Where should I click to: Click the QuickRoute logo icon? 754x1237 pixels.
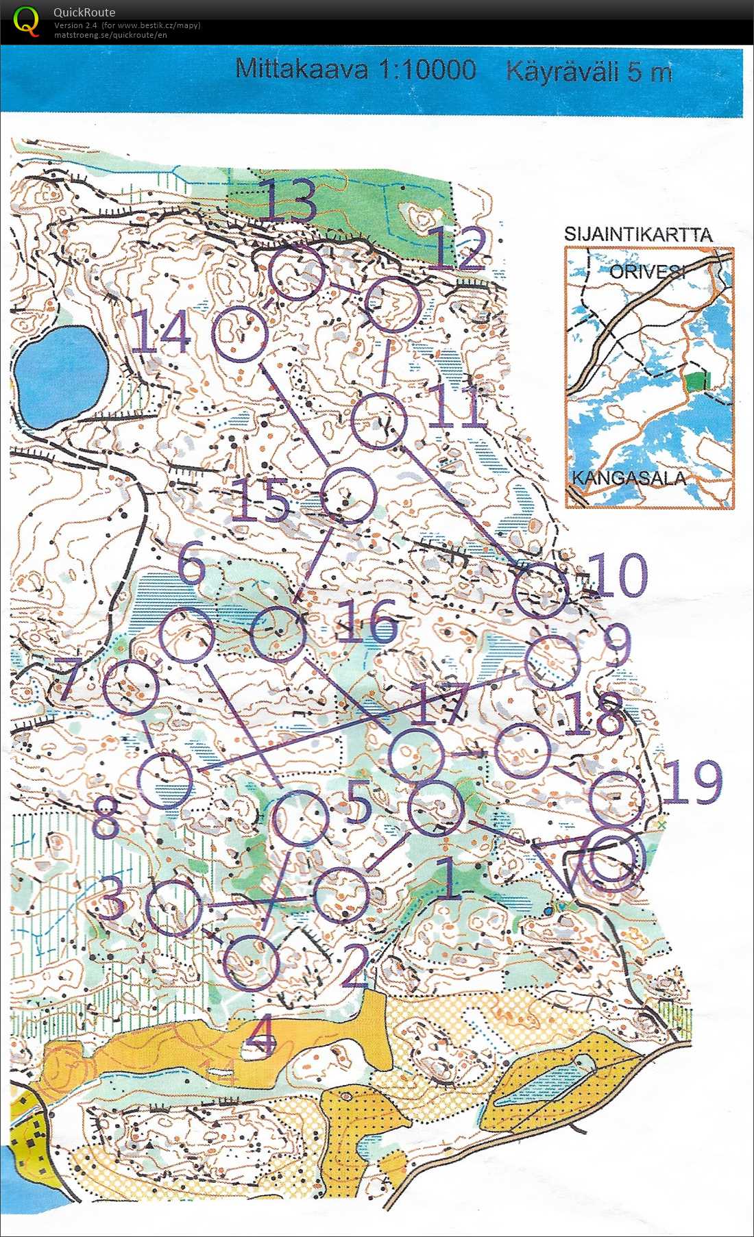click(x=26, y=21)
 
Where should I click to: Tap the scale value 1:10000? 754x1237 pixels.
click(x=426, y=70)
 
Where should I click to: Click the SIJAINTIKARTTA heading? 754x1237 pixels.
click(x=637, y=234)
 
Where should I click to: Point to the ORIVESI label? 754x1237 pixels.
click(x=646, y=271)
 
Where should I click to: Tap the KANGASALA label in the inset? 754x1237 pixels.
click(x=629, y=477)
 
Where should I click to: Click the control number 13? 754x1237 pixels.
click(x=288, y=200)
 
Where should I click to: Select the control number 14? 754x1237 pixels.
click(x=161, y=332)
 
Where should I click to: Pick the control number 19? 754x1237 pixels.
click(x=692, y=782)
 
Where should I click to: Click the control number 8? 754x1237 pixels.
click(x=106, y=816)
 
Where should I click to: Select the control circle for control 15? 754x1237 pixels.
click(x=349, y=496)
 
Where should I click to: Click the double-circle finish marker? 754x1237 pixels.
click(x=616, y=860)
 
